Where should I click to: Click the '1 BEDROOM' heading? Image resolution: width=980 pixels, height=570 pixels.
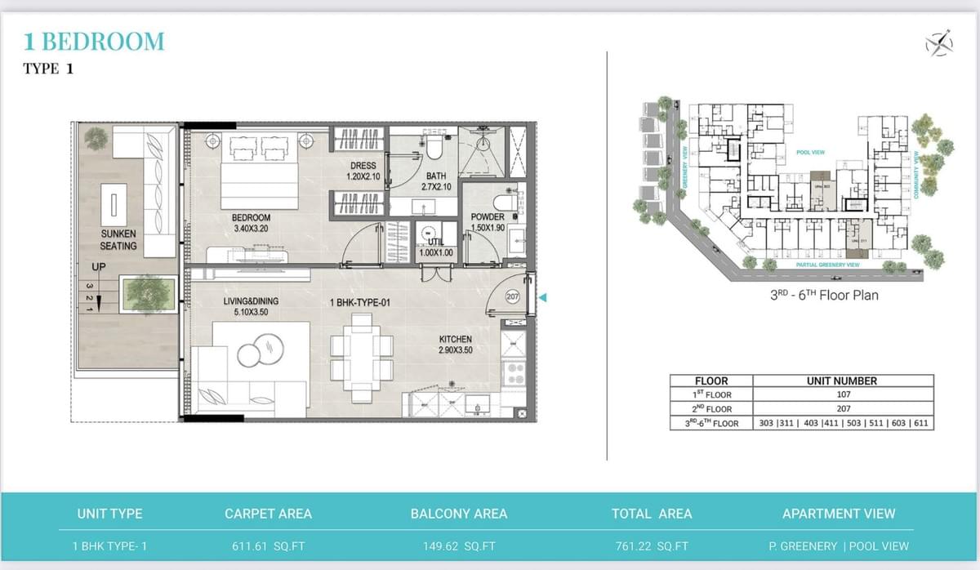[x=94, y=41]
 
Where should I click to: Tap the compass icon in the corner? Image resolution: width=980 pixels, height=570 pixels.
[x=939, y=42]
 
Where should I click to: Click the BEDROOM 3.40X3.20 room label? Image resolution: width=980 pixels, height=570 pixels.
[x=251, y=223]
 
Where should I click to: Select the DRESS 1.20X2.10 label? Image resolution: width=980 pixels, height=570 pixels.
[x=363, y=171]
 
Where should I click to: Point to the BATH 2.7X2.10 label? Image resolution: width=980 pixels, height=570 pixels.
[x=436, y=181]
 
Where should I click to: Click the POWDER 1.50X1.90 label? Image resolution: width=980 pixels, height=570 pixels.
[x=488, y=222]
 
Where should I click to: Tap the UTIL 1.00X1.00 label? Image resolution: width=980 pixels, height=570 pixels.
[x=430, y=247]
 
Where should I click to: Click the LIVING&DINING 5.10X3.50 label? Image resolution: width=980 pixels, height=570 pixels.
[x=251, y=306]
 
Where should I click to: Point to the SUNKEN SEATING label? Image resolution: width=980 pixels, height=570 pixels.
[x=118, y=239]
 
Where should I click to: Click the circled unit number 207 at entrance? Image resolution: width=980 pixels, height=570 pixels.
[x=513, y=297]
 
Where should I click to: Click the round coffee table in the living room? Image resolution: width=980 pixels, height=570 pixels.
[x=261, y=353]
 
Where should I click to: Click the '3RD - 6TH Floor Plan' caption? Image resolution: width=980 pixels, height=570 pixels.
[x=824, y=295]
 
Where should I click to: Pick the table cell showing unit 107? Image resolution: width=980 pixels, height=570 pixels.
[x=843, y=394]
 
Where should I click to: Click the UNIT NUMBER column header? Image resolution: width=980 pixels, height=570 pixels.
[x=843, y=381]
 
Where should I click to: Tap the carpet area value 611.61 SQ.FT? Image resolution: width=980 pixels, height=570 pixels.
[x=267, y=546]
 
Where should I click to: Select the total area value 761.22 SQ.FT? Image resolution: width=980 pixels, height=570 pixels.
[x=651, y=546]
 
